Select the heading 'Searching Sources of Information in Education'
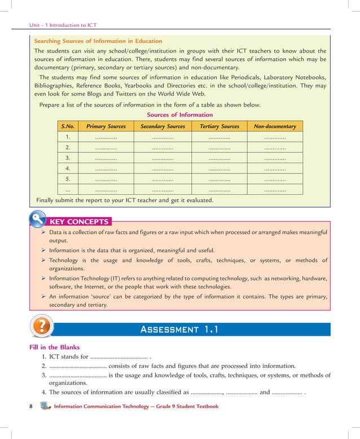tap(98, 41)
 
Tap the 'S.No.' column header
tap(68, 126)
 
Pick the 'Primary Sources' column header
tap(106, 126)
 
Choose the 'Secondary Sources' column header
tap(163, 126)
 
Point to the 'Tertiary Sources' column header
tap(219, 126)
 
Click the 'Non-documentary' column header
tap(275, 126)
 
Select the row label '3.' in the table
tap(68, 158)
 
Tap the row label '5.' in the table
tap(68, 179)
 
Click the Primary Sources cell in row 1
tap(106, 137)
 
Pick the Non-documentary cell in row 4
tap(275, 169)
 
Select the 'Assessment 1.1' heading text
tap(179, 330)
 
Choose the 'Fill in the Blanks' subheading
tap(54, 347)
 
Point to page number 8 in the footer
tap(31, 406)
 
